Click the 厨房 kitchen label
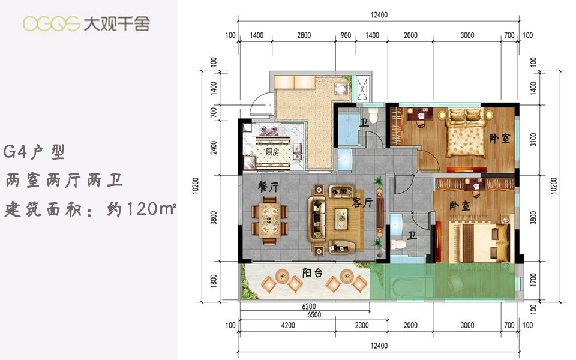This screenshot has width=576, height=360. tap(272, 152)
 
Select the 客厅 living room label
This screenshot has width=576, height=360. tap(362, 202)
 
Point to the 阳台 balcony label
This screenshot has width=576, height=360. tap(312, 272)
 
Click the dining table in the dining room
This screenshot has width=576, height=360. tap(270, 220)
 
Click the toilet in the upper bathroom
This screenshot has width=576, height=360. tap(373, 116)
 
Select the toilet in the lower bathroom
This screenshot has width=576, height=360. tap(398, 244)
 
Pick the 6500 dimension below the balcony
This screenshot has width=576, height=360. tap(314, 315)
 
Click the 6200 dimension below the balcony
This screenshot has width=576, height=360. tap(308, 307)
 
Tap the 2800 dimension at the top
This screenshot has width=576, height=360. tap(304, 35)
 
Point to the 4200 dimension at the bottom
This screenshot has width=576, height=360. tap(287, 325)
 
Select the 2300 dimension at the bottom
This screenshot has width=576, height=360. tap(362, 325)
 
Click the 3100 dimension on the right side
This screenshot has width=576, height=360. tap(533, 140)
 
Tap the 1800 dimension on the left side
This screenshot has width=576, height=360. tap(214, 281)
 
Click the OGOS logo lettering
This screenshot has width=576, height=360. tap(52, 24)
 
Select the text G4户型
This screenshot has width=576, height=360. tap(34, 152)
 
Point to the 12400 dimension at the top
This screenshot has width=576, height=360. tap(379, 15)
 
